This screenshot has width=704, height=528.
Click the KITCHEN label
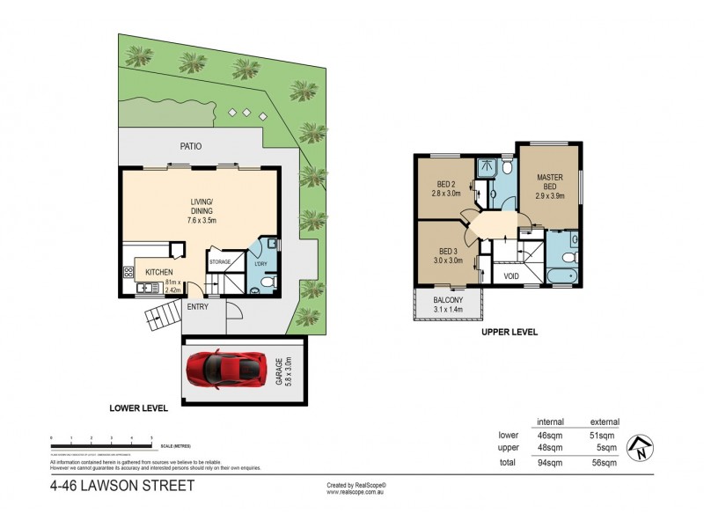(x=159, y=272)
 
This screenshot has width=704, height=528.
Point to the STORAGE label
(x=220, y=261)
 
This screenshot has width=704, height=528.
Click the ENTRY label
(x=198, y=306)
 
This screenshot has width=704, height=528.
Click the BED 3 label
(x=448, y=254)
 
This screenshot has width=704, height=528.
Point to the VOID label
(x=511, y=275)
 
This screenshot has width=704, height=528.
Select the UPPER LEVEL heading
(x=509, y=333)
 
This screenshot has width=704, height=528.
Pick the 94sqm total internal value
(x=551, y=461)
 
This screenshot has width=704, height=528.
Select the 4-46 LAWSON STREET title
(x=122, y=485)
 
